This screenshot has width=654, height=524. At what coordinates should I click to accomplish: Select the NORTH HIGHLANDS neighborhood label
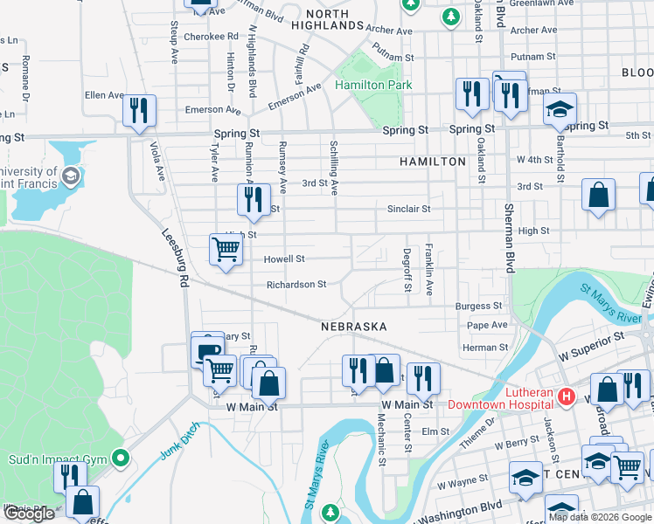[333, 19]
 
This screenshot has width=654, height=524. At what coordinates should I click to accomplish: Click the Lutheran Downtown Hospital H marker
[566, 397]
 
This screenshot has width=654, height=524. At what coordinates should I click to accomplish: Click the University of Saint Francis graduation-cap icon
[71, 177]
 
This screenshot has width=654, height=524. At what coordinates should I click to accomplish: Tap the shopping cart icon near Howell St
[226, 251]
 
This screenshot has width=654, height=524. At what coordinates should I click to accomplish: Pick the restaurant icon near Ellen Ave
[139, 110]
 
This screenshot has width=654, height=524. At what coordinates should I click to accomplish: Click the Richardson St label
[296, 285]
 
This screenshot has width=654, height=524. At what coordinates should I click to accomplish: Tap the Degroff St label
[407, 269]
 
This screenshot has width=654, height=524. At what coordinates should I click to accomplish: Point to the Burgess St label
[478, 307]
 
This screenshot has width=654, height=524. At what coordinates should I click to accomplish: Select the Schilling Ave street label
[334, 166]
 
